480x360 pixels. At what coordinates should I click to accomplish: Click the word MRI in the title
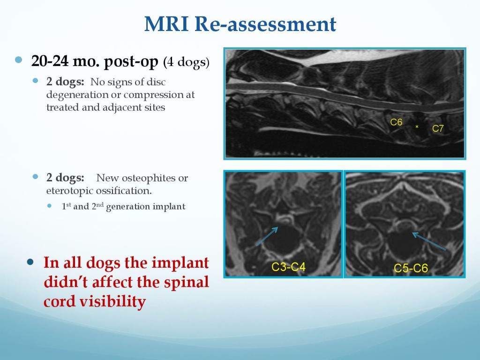166,23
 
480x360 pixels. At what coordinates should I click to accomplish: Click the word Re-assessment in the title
265,23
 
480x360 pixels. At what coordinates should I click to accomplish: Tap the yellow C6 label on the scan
396,122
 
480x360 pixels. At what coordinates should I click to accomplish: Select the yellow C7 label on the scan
438,128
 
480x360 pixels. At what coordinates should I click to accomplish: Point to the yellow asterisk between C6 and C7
417,127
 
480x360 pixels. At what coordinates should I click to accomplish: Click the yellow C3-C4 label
288,267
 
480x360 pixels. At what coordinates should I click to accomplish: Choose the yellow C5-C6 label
411,268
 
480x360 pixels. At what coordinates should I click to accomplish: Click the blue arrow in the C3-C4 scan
267,236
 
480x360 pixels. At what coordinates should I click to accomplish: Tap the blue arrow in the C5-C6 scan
429,241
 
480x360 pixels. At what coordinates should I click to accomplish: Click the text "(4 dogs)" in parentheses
187,62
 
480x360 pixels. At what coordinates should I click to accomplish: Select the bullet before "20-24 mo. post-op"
19,60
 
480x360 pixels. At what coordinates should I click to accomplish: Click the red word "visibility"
112,301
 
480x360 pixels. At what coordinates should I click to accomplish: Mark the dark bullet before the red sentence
30,262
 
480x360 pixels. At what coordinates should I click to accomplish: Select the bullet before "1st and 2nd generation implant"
50,206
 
